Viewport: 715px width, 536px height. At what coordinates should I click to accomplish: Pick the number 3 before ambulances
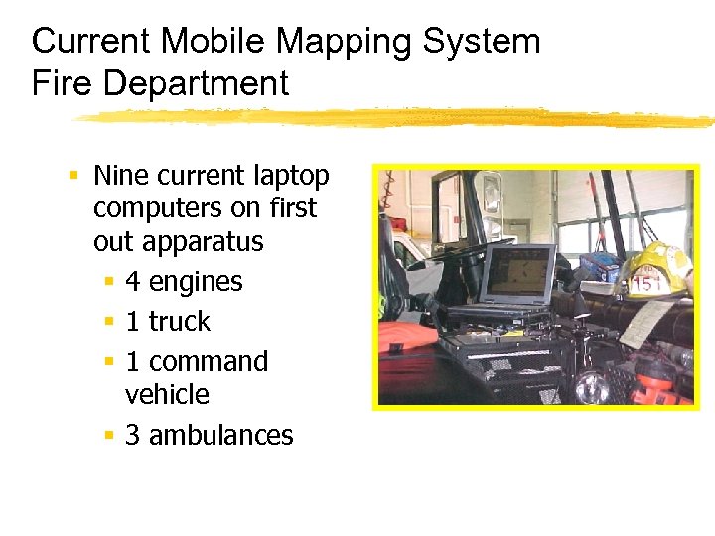pos(133,435)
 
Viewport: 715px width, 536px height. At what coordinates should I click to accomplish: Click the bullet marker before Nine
pos(73,176)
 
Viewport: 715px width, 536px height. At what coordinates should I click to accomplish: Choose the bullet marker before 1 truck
pos(108,323)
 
